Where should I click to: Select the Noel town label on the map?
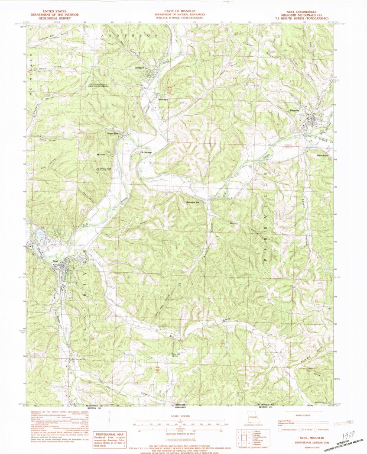(55, 261)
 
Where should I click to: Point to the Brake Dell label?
(163, 99)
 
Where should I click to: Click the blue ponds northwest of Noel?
(41, 234)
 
